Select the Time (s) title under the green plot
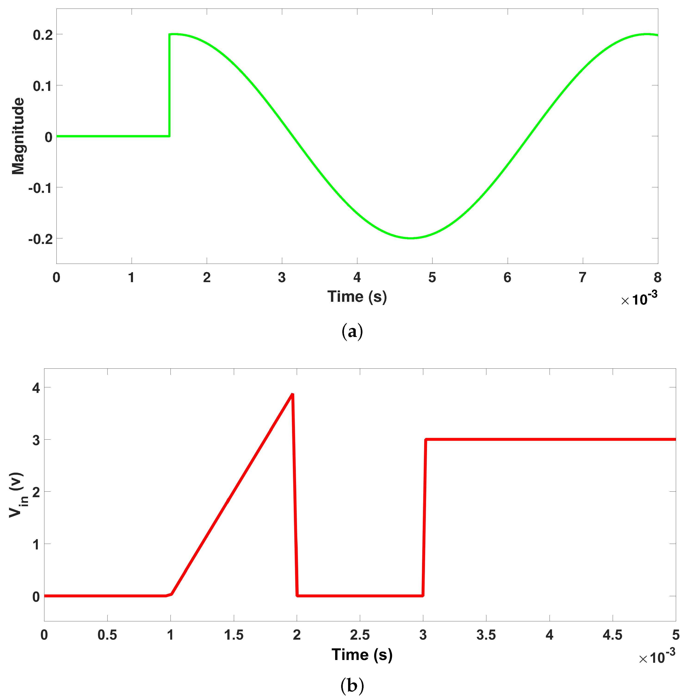357,297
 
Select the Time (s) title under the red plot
362,655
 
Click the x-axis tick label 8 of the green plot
658,278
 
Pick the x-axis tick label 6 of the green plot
507,278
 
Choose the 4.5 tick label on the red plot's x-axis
612,635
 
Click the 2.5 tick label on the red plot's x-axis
360,635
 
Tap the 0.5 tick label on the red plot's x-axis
107,635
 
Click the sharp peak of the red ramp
292,394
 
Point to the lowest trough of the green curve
411,238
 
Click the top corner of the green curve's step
169,35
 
